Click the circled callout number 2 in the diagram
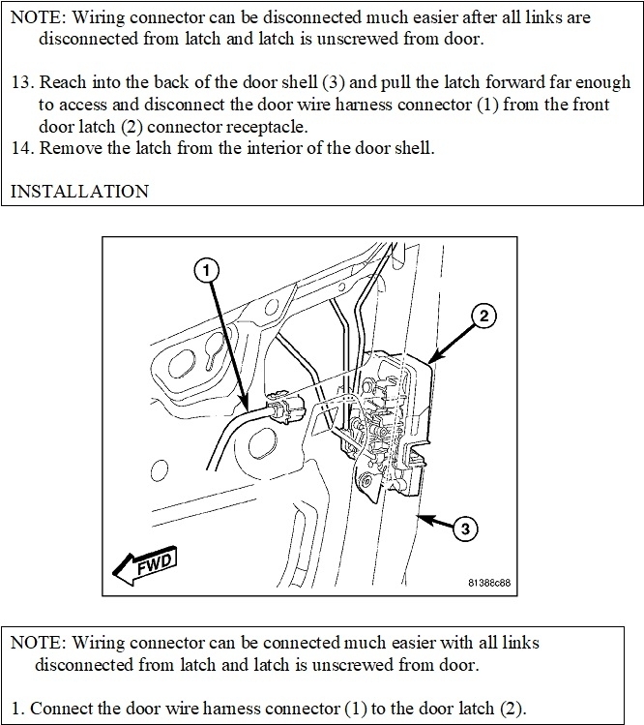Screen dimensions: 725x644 484,316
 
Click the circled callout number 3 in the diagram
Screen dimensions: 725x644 466,529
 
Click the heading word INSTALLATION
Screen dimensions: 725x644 79,191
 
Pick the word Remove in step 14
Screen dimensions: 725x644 71,147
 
